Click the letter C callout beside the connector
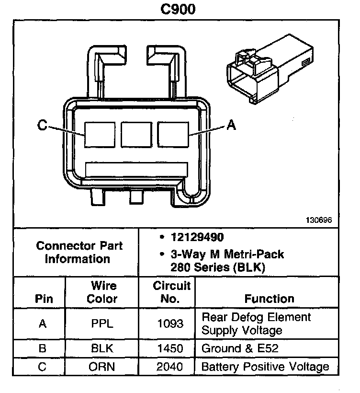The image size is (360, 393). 42,126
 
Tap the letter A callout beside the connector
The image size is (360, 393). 231,126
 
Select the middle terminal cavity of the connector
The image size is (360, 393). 136,135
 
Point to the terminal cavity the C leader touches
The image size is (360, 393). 100,135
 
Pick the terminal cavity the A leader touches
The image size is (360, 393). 173,135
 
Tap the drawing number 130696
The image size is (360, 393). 319,220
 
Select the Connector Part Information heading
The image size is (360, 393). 79,253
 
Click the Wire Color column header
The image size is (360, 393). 102,292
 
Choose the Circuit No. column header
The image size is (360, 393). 171,292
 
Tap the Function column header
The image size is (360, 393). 269,299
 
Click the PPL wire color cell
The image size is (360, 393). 102,324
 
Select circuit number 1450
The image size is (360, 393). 170,349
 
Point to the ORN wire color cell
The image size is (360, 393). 102,367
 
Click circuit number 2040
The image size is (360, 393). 170,367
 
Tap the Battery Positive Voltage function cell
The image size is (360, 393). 265,367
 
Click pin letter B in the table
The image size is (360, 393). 42,349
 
